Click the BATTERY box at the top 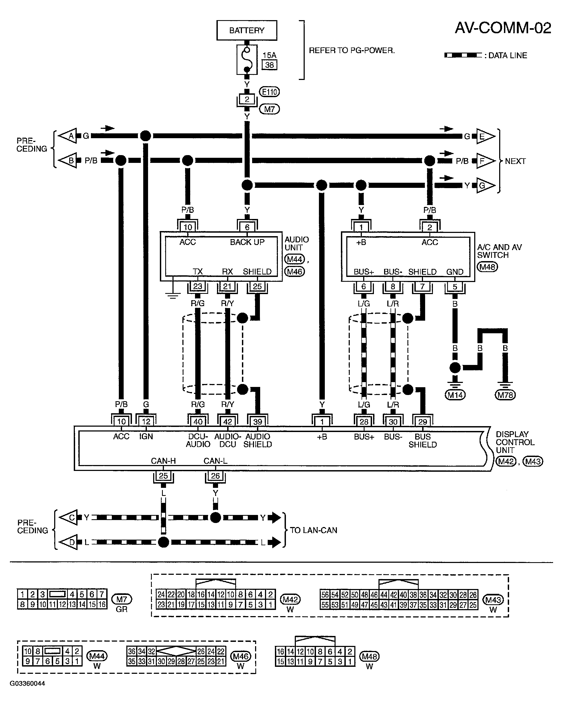(246, 30)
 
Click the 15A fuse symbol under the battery (247, 60)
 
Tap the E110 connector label (269, 92)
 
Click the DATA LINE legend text (507, 56)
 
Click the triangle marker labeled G (484, 186)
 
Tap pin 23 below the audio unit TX (197, 287)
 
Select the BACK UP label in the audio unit (247, 242)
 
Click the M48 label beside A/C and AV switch (487, 267)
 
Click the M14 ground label (455, 395)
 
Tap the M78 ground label (505, 395)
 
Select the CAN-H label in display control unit (163, 461)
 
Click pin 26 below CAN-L (215, 476)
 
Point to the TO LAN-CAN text (313, 530)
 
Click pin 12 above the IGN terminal (146, 422)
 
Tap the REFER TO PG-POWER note (352, 51)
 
